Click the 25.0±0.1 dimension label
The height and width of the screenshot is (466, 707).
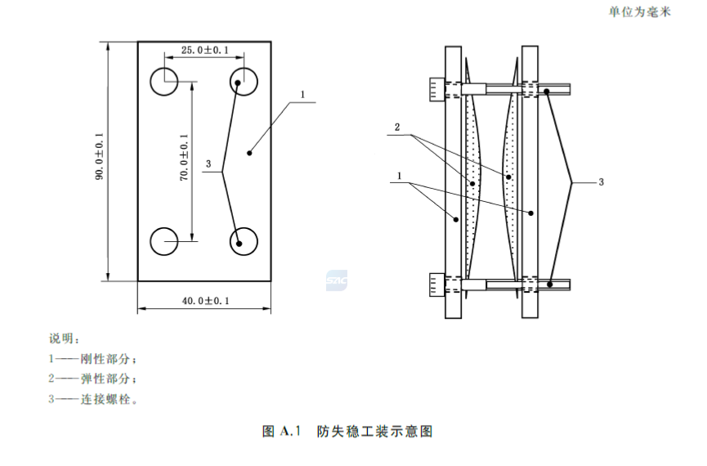pos(204,50)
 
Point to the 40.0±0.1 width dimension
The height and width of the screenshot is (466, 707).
pos(205,301)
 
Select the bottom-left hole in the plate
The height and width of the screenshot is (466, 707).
pos(165,241)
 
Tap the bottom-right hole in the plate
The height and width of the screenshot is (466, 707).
pos(244,241)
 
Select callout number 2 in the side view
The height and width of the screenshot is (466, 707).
pos(396,128)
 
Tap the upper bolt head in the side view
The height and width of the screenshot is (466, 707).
pos(434,89)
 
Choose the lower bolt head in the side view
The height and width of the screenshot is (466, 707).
pos(434,285)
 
